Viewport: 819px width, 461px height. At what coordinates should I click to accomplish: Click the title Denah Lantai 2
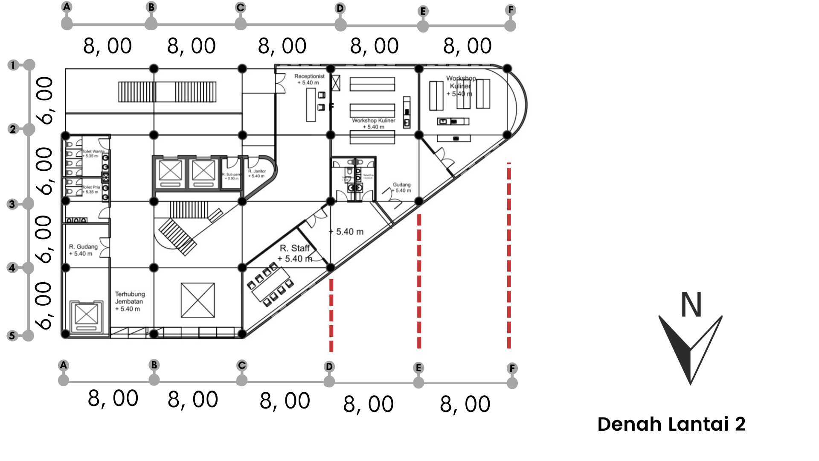[x=671, y=424]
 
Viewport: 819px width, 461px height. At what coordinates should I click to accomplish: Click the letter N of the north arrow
[x=691, y=305]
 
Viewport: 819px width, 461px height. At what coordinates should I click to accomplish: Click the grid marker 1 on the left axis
[x=13, y=65]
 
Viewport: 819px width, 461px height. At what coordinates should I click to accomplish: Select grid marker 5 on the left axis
[x=12, y=336]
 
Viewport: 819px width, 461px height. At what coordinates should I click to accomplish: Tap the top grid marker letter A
[x=67, y=7]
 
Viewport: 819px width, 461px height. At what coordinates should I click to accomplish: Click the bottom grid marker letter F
[x=512, y=368]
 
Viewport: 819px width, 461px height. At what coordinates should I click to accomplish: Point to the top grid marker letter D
[x=340, y=8]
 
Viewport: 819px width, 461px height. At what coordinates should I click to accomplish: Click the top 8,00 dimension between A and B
[x=107, y=46]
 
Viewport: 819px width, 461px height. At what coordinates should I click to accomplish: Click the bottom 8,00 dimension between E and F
[x=465, y=404]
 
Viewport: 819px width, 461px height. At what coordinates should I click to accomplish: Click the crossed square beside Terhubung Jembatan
[x=197, y=300]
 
